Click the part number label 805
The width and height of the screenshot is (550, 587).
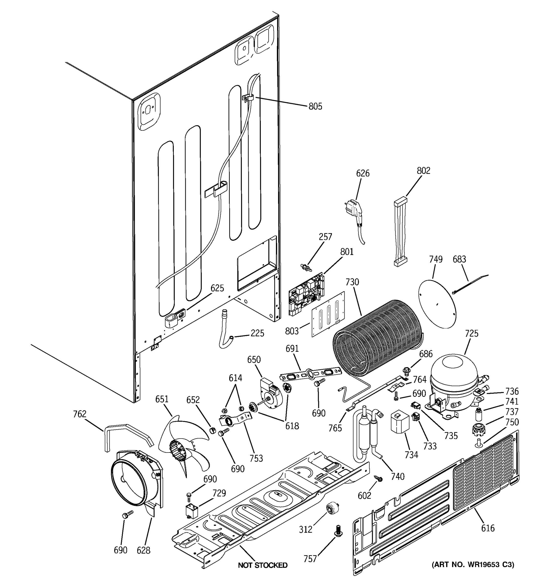coord(315,107)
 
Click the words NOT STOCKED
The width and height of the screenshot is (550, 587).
coord(263,565)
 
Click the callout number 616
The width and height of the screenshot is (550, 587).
coord(487,528)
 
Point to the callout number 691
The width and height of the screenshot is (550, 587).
coord(292,349)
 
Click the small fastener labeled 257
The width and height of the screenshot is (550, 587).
coord(304,267)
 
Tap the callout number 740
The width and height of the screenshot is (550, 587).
coord(397,476)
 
